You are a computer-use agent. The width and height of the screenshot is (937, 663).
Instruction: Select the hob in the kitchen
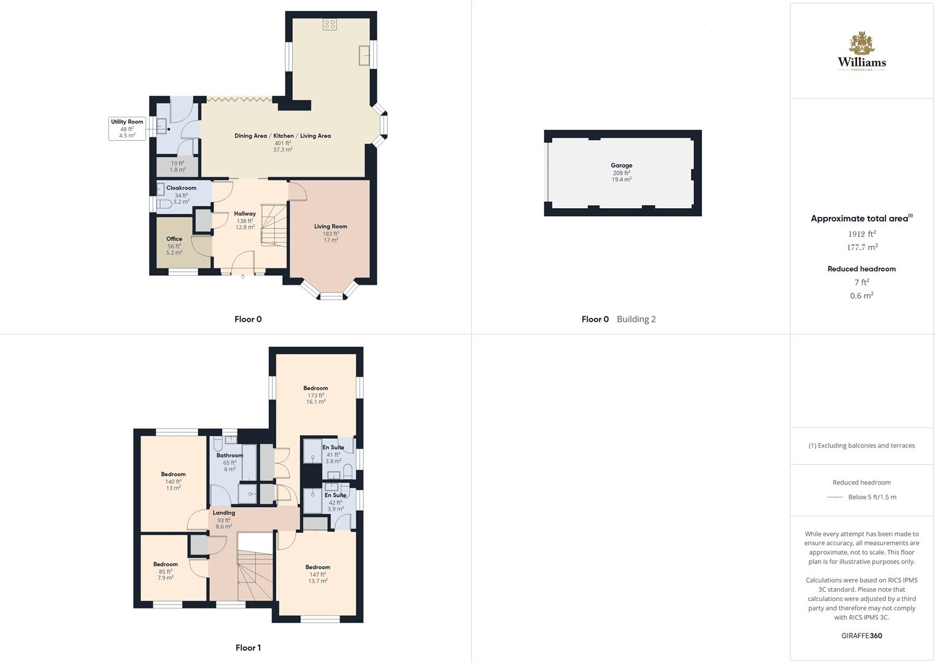tap(330, 25)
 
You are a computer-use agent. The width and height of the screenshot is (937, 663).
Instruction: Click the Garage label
tap(621, 166)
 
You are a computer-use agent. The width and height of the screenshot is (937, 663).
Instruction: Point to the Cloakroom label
tap(181, 188)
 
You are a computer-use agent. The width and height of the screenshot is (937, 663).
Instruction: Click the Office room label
tap(174, 239)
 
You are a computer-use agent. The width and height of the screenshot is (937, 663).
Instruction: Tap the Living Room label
tap(331, 227)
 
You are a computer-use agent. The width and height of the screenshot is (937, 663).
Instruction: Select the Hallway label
tap(245, 214)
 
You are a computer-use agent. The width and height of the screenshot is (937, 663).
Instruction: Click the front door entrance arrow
tap(243, 277)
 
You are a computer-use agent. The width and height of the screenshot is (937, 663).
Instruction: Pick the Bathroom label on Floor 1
tap(229, 456)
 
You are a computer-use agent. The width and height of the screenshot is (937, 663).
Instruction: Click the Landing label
tap(224, 513)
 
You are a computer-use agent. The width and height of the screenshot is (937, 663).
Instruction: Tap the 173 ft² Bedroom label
tap(315, 388)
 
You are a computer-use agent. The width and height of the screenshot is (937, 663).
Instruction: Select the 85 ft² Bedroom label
tap(166, 564)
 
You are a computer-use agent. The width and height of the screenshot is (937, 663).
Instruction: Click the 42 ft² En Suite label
tap(335, 495)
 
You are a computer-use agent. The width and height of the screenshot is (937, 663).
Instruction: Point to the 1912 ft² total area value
tap(862, 234)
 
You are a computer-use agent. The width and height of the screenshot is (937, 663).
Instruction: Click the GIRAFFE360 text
tap(862, 635)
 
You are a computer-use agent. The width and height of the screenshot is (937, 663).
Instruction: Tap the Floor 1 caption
tap(248, 648)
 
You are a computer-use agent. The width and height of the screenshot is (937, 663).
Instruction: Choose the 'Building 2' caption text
tap(636, 319)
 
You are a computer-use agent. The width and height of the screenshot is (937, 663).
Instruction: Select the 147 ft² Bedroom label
tap(318, 567)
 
